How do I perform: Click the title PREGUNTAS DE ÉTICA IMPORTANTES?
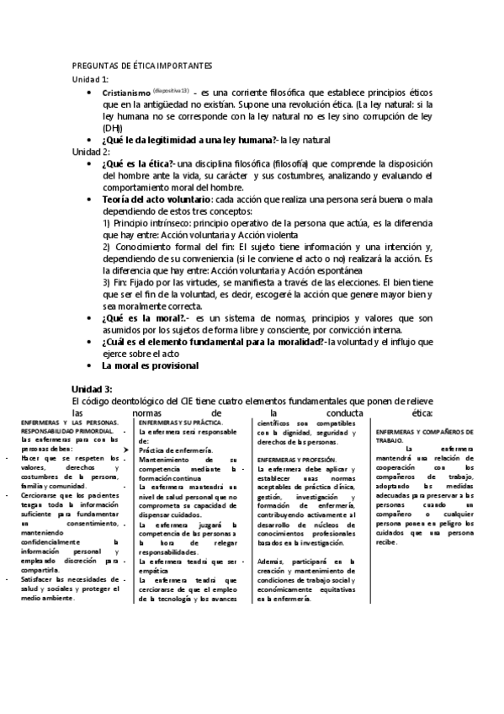(142, 65)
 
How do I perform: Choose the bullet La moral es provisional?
(150, 366)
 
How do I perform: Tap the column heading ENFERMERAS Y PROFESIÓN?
(296, 460)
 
